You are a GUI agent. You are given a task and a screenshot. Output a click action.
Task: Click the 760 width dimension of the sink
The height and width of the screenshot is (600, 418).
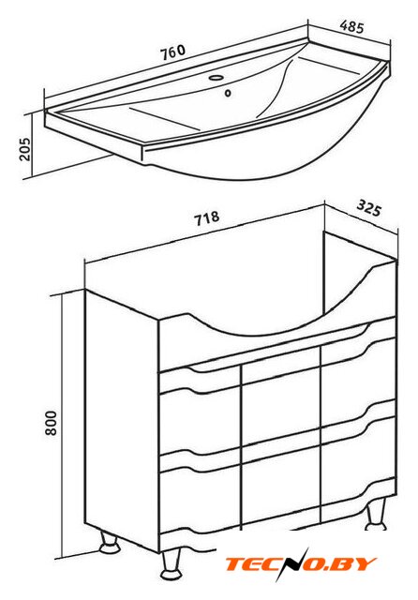pos(172,52)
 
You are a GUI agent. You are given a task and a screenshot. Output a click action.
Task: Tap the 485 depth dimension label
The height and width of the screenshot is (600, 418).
pos(351,26)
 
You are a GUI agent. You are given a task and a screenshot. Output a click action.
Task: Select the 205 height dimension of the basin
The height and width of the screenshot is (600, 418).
pos(25,149)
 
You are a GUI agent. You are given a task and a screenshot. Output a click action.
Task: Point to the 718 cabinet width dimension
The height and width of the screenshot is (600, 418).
pos(207,218)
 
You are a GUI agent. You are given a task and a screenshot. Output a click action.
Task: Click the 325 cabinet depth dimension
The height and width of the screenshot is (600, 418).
pos(369,209)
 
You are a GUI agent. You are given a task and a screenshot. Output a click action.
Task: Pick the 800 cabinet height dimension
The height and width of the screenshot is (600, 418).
pos(51,423)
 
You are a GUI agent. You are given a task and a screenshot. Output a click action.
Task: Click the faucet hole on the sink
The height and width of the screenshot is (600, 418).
pos(216,78)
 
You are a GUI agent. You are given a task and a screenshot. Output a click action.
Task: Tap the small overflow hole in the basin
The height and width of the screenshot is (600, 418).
pos(229,93)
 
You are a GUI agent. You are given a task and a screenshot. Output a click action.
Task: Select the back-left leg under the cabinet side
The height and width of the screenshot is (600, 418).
pos(109,543)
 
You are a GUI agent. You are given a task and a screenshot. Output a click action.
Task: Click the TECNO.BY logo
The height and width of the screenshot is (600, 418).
pos(300,564)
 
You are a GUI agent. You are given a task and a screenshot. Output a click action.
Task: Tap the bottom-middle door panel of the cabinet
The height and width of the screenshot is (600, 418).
pos(281,481)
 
